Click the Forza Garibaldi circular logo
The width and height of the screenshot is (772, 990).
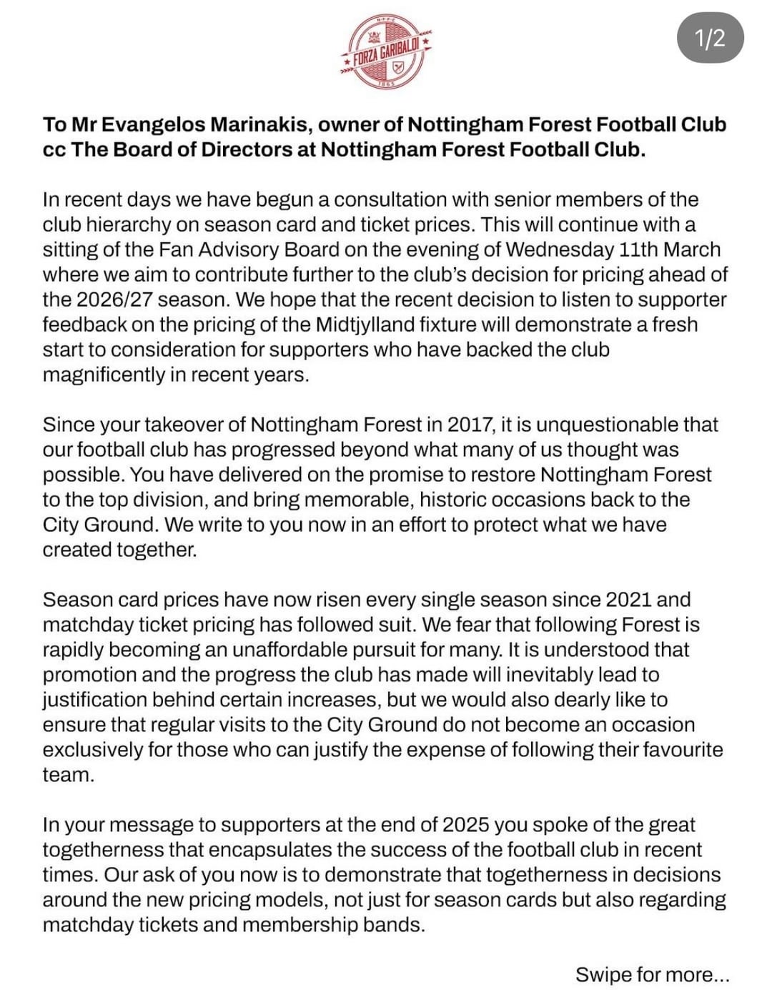click(386, 52)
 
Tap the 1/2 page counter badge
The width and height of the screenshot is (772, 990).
click(710, 38)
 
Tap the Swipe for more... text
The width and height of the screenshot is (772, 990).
click(653, 974)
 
